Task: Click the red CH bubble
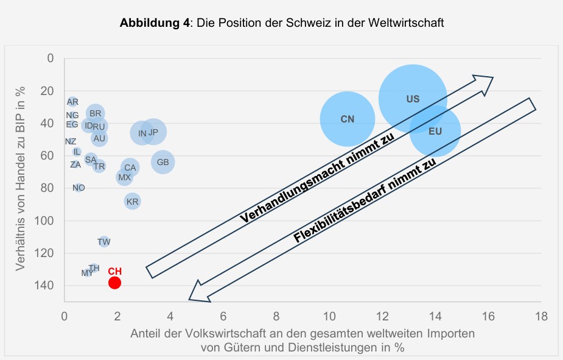(x=114, y=283)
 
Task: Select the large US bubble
(x=413, y=99)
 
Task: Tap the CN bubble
(x=347, y=119)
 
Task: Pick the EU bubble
(x=435, y=131)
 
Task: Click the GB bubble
(x=163, y=162)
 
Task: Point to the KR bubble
(x=132, y=201)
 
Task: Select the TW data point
(x=104, y=242)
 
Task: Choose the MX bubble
(x=124, y=177)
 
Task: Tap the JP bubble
(x=153, y=132)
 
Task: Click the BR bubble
(x=95, y=113)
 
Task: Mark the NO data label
(x=79, y=188)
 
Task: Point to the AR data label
(x=72, y=102)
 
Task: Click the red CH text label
(x=115, y=271)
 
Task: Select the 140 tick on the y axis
(x=47, y=285)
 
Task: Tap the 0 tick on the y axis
(x=51, y=58)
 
